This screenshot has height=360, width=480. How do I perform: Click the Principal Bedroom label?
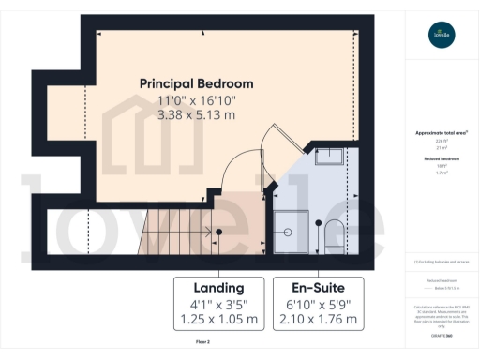pos(196,83)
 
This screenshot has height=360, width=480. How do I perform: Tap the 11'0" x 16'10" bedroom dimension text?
pos(196,100)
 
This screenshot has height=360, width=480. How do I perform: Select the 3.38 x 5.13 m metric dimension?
pos(196,116)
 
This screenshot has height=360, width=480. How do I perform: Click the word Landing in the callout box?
pos(218,287)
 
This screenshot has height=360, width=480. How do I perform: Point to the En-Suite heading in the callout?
pos(316,287)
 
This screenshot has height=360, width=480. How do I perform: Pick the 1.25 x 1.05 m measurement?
pos(218,320)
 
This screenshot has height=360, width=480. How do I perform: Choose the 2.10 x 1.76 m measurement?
pos(316,320)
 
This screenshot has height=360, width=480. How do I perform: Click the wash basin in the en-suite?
pos(330,156)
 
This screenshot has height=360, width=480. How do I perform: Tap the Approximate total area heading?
pos(441,133)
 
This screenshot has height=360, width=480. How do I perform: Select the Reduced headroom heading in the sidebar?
pos(441,159)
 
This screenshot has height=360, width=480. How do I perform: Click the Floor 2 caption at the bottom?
pos(202,343)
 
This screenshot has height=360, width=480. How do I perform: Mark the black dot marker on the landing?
pos(218,231)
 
